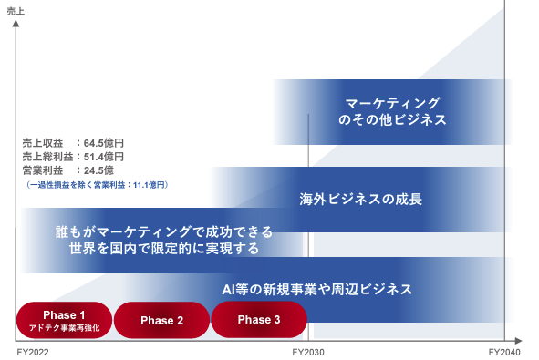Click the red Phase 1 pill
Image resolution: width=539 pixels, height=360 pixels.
pos(64,321)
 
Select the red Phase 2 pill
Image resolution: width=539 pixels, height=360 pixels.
pos(161,321)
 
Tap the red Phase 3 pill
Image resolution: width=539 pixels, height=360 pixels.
pos(259,320)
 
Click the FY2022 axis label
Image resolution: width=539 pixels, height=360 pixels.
pos(33,352)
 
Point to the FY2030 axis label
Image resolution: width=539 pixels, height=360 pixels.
pos(308,352)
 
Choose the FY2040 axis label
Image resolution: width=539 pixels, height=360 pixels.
pos(504,352)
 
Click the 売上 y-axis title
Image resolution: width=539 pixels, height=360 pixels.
pos(16,11)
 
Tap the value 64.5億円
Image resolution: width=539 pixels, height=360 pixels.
pos(103,143)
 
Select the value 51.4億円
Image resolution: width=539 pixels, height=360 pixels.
pos(103,157)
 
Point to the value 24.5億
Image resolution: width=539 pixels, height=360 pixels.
pos(98,170)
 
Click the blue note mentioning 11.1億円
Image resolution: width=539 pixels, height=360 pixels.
pos(97,185)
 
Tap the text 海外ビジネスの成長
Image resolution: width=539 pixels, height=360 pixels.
pos(360,200)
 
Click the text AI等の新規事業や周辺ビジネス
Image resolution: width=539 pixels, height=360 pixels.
pos(317,289)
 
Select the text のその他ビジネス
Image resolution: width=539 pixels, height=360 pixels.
pos(392,120)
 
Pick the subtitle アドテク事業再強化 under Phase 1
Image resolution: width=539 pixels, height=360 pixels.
pos(64,328)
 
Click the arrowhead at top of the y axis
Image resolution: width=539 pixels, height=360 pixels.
pos(16,24)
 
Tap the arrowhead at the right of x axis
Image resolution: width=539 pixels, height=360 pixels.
pos(518,341)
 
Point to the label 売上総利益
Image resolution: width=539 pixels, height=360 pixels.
pos(47,157)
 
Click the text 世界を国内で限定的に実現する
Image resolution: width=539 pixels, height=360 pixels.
pos(164,249)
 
